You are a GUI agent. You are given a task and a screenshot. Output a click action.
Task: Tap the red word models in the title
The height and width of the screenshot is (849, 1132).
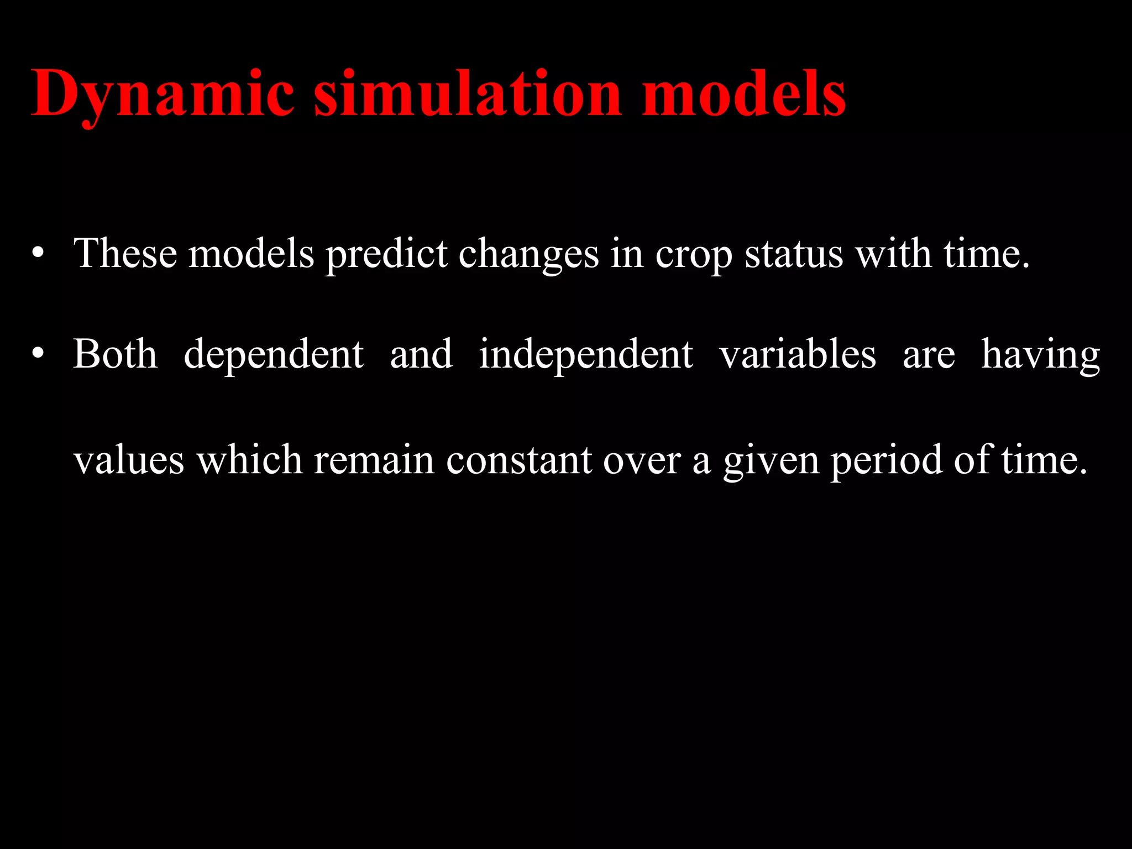pos(743,94)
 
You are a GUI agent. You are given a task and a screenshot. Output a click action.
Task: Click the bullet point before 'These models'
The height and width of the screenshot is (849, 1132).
pos(38,254)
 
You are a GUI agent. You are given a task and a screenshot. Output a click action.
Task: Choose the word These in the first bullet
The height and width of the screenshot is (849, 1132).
pos(125,254)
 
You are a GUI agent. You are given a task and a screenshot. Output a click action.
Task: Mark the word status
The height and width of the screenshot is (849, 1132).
pos(794,254)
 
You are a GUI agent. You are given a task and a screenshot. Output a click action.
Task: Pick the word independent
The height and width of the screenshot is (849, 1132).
pos(586,355)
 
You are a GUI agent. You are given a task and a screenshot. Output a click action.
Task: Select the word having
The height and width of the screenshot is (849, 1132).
pos(1040,355)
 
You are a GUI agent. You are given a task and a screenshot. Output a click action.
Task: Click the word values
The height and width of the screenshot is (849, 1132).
pos(129,460)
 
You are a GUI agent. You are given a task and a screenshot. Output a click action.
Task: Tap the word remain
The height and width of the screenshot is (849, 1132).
pos(374,460)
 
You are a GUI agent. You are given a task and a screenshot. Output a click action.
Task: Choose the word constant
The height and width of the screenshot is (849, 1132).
pos(519,460)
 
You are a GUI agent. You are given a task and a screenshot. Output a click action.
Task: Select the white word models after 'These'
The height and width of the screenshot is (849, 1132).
pos(251,254)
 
